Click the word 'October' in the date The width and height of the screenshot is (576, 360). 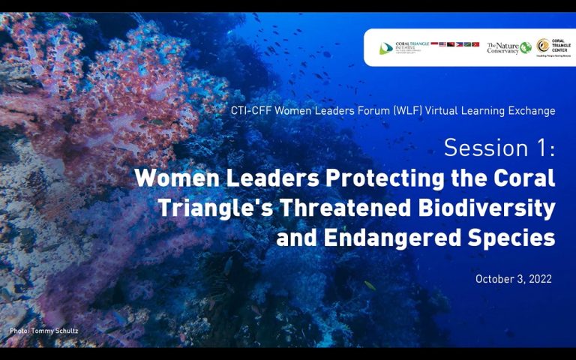(x=493, y=279)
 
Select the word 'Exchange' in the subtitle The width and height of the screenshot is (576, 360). (x=533, y=111)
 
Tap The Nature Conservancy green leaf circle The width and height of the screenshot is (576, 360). (x=526, y=47)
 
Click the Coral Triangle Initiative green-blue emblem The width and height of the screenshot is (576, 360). (x=385, y=47)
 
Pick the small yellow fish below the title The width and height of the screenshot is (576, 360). (x=369, y=285)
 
